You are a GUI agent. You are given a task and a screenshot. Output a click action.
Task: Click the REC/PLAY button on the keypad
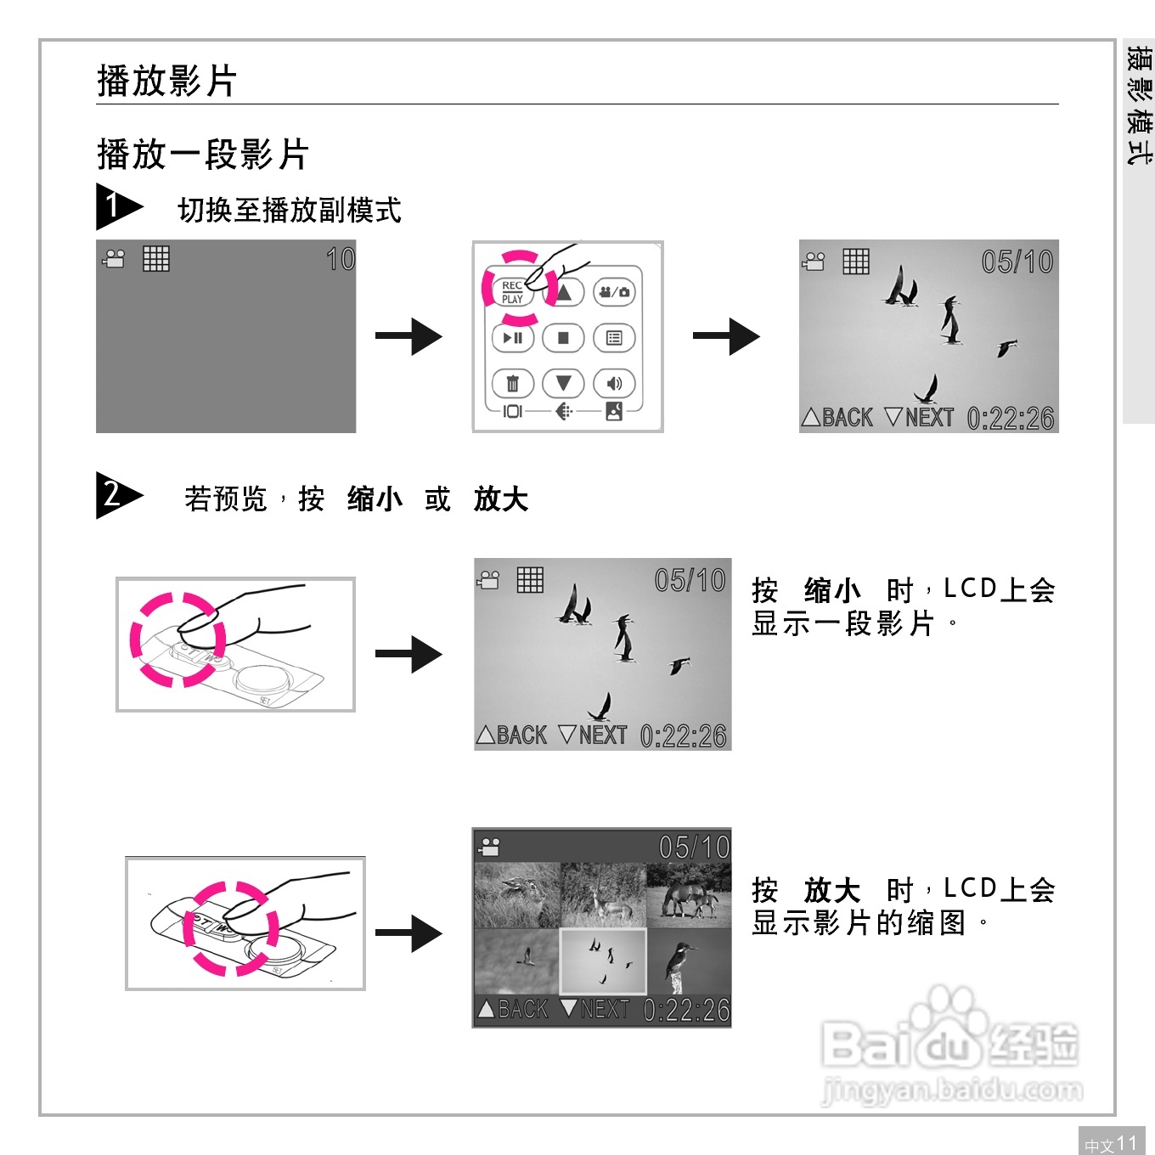(512, 292)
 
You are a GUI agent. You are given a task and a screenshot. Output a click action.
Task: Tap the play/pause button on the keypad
(513, 338)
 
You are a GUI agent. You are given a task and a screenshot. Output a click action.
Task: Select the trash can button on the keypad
(513, 384)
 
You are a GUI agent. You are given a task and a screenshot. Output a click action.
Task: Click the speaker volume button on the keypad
(614, 384)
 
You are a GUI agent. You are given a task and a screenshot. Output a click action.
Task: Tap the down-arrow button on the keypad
(563, 384)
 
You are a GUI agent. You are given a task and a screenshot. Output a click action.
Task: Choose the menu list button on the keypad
(614, 338)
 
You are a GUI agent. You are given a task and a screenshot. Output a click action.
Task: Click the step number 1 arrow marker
(116, 206)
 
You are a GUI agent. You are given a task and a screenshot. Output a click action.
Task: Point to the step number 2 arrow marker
(116, 495)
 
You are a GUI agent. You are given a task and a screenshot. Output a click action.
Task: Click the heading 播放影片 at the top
(166, 82)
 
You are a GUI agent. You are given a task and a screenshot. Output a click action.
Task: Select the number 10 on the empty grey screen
(341, 259)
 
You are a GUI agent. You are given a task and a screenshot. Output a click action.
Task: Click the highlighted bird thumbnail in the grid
(603, 961)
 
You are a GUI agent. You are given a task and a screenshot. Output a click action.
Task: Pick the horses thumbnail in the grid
(689, 897)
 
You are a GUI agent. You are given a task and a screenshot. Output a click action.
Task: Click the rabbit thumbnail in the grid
(516, 895)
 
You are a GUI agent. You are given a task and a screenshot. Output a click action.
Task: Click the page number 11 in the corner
(1126, 1143)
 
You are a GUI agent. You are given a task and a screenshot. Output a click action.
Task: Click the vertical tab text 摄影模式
(1138, 105)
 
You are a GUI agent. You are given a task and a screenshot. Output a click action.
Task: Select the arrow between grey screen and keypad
(408, 336)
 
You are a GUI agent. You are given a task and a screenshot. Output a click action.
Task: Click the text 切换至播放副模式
(289, 211)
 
